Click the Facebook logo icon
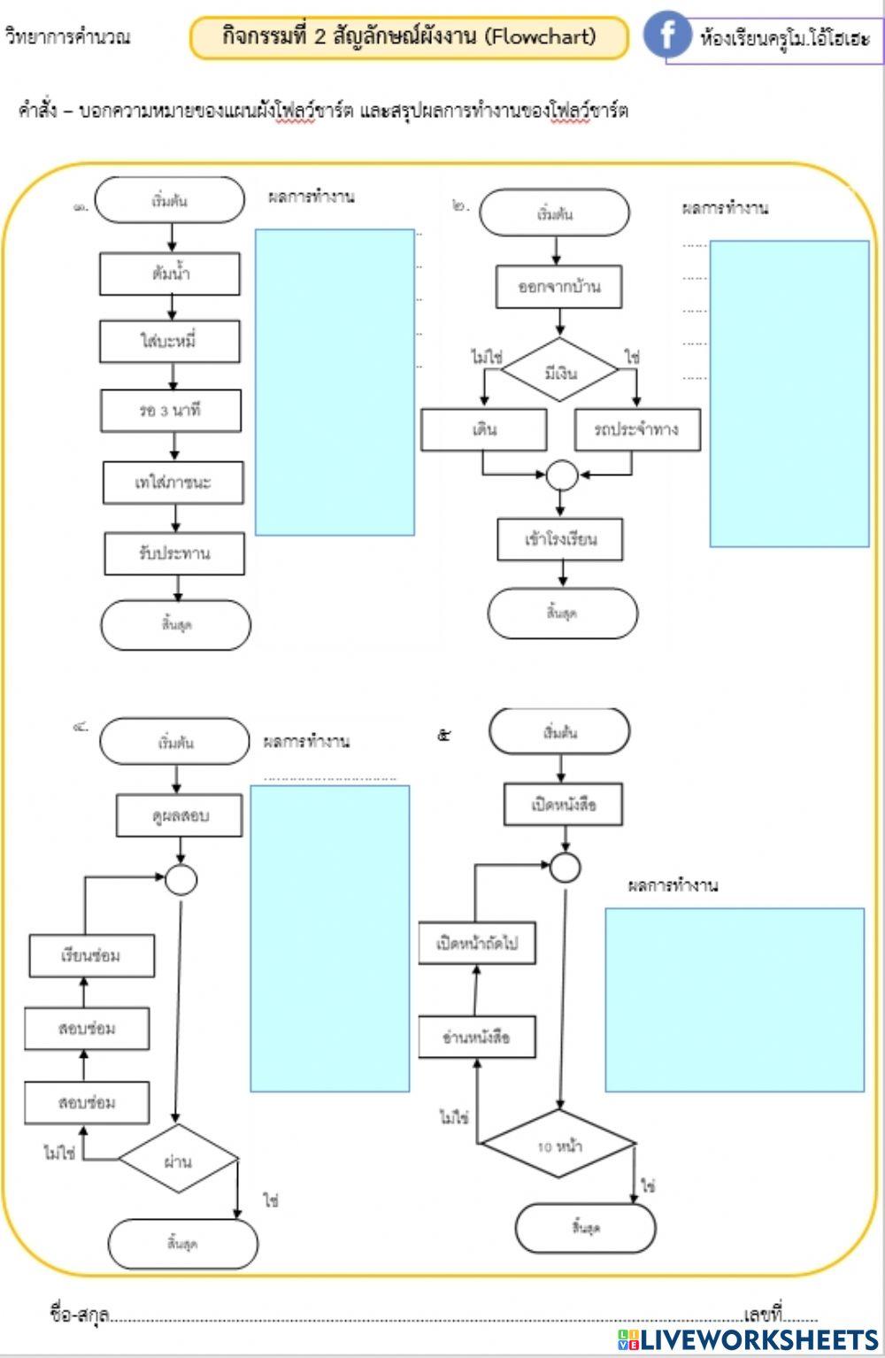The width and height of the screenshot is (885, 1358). (666, 35)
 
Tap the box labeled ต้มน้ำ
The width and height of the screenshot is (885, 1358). (170, 274)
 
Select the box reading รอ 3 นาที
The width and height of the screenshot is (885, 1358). (171, 411)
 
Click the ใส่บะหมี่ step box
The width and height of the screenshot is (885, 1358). (170, 342)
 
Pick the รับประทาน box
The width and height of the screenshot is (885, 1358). (174, 554)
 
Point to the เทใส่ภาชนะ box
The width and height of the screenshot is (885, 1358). (173, 482)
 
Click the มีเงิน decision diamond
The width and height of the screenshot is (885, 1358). (559, 371)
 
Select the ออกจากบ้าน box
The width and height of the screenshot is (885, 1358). (559, 287)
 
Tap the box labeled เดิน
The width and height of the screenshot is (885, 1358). (483, 429)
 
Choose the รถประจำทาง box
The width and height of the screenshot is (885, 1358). (636, 429)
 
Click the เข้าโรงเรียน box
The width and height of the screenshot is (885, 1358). (560, 539)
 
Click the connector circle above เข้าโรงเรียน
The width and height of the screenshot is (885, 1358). (561, 475)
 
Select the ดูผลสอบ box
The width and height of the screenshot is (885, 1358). (180, 815)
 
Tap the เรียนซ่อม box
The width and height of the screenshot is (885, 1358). (92, 956)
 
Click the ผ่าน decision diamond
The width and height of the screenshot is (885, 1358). (179, 1161)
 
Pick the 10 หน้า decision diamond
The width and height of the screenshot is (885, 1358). (558, 1145)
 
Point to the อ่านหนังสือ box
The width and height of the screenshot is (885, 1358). (477, 1037)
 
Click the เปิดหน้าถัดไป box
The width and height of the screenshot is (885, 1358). (477, 944)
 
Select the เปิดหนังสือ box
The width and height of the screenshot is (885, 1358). (564, 805)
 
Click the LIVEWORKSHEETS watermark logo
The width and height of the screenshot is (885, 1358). (748, 1339)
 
